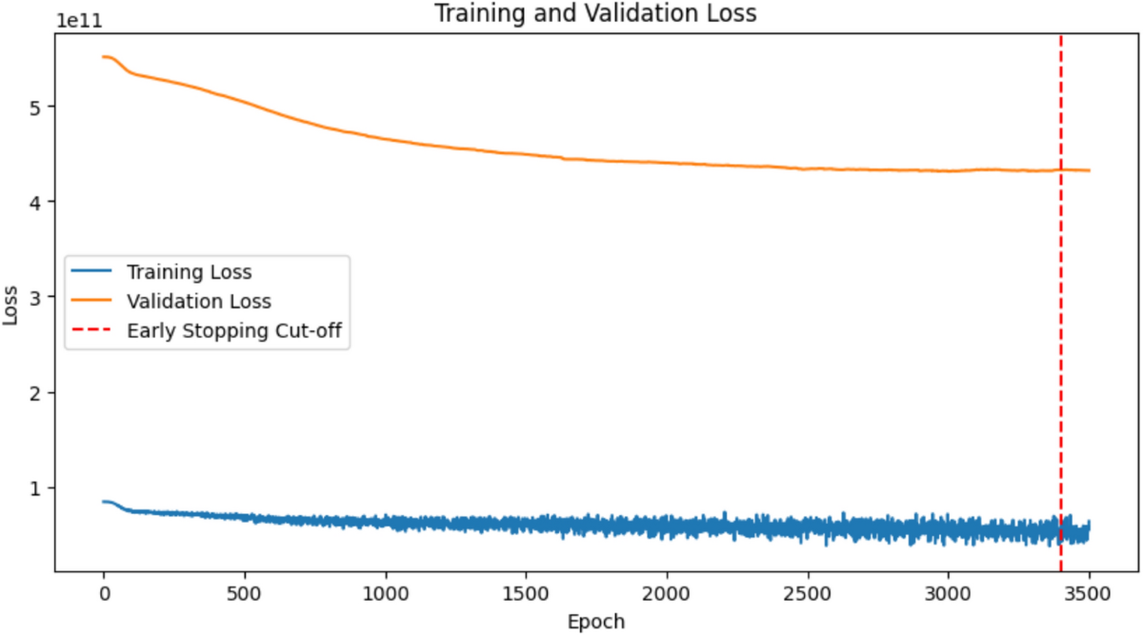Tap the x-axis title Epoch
tap(596, 622)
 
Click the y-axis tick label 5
tap(37, 107)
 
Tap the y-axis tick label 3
tap(37, 297)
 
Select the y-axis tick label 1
tap(37, 487)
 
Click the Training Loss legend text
tap(189, 272)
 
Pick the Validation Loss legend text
tap(198, 302)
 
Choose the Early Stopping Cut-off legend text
tap(234, 331)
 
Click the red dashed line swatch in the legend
tap(91, 331)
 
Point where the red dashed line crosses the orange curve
tap(1060, 170)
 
